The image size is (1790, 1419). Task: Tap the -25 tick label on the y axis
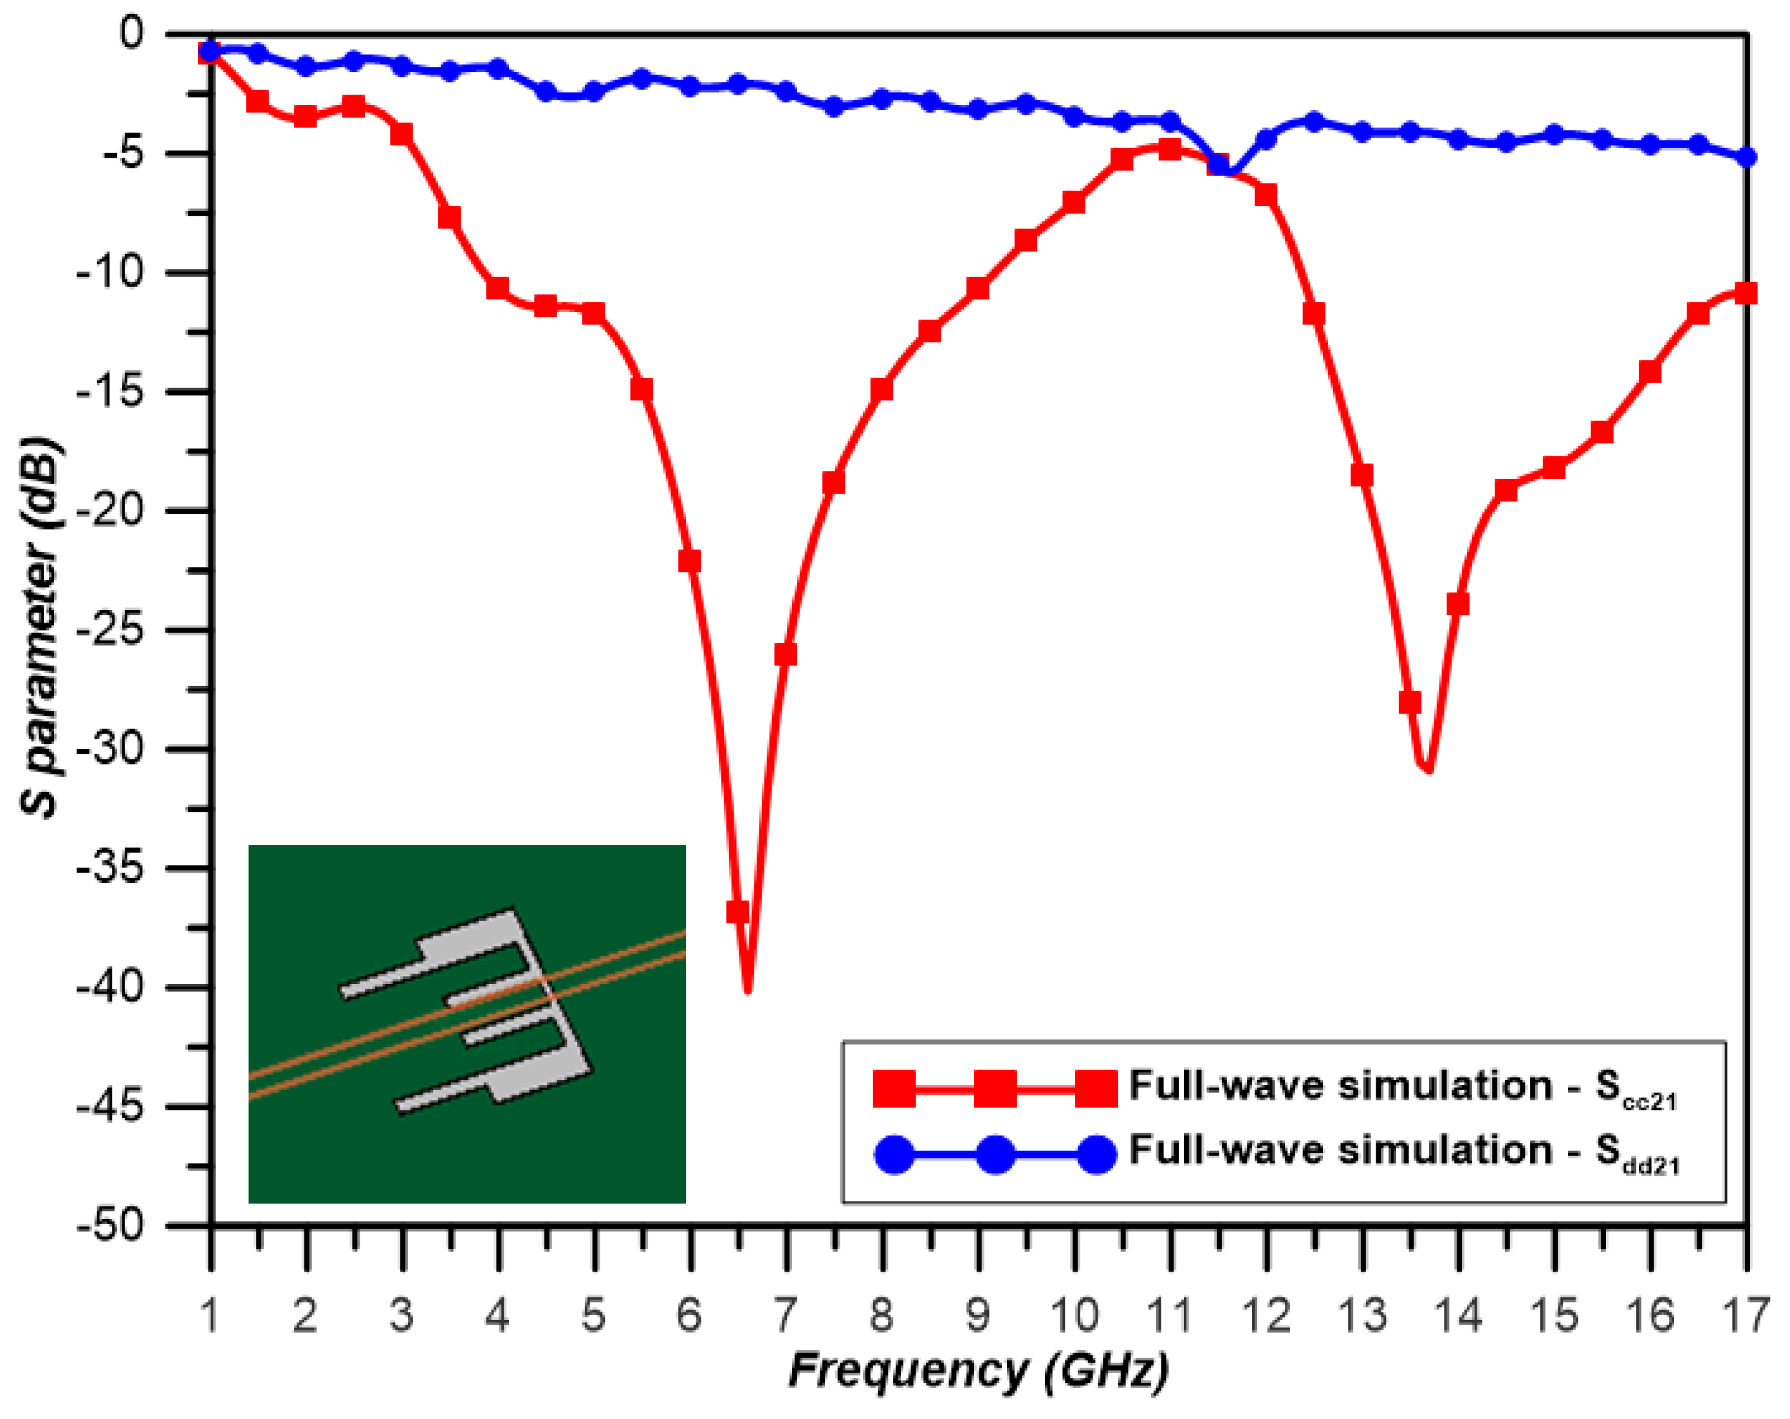109,630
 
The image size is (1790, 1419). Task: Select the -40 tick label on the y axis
109,987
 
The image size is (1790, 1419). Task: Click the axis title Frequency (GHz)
978,1371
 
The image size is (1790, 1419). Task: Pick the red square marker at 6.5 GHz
737,913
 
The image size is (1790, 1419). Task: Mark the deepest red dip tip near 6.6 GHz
748,990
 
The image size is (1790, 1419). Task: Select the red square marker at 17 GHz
1746,293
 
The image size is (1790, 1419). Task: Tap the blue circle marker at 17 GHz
1747,157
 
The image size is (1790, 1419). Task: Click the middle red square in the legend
995,1088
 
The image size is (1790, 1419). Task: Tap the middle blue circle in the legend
995,1154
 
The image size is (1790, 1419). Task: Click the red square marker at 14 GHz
1458,604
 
